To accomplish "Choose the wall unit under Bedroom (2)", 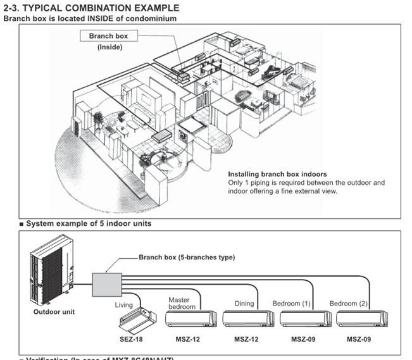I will coord(359,318).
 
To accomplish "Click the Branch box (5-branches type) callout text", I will coord(187,258).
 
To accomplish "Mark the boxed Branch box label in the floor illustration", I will coord(108,36).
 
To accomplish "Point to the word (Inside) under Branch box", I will coord(108,47).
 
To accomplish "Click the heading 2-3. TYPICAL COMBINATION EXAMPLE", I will coord(92,8).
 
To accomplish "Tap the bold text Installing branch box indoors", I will coord(277,173).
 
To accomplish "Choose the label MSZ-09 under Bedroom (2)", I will coord(359,340).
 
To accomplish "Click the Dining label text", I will coord(244,304).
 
